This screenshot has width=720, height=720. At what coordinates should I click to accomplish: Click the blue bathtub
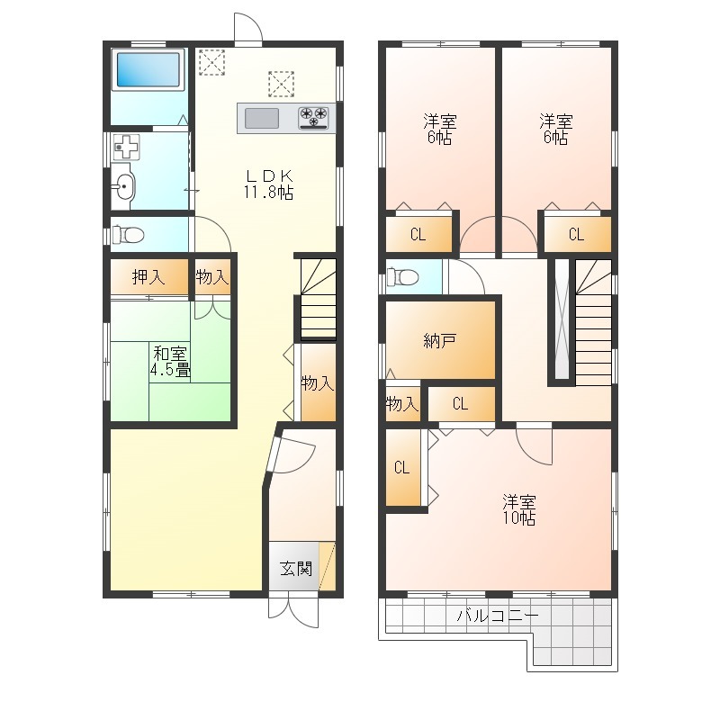[148, 69]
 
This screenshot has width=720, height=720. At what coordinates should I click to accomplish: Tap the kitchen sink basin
[262, 119]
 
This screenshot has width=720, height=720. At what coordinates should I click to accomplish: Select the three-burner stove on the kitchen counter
[313, 118]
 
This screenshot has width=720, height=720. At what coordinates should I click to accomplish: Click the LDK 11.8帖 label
[268, 184]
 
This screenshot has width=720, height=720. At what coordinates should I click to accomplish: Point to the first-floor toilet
[128, 235]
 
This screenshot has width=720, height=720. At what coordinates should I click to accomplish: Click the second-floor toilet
[402, 277]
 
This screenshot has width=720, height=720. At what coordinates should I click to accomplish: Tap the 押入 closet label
[148, 277]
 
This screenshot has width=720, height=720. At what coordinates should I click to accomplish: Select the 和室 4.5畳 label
[170, 362]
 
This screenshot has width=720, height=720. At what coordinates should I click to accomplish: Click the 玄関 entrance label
[296, 569]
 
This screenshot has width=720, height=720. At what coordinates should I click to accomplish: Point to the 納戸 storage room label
[439, 341]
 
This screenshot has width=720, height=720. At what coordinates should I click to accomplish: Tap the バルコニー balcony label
[498, 616]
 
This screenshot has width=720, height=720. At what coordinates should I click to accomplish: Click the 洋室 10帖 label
[519, 509]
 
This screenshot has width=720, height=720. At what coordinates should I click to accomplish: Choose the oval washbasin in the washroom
[123, 186]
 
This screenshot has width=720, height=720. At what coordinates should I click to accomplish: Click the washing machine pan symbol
[126, 147]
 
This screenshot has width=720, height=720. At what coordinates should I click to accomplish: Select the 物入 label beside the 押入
[212, 277]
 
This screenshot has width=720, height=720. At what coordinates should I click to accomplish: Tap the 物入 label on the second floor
[402, 404]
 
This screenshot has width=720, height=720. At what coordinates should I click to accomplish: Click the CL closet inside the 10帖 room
[402, 467]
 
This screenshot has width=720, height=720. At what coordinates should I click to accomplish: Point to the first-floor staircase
[319, 299]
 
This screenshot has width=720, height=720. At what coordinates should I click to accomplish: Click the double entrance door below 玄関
[293, 610]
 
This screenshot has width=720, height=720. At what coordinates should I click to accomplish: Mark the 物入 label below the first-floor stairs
[318, 383]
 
